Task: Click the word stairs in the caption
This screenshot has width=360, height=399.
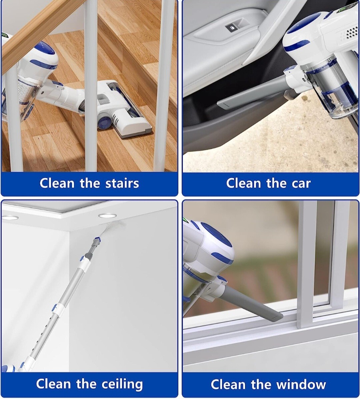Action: [x=122, y=183]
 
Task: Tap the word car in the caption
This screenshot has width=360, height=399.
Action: [x=300, y=183]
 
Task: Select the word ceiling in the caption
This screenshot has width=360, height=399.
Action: [x=122, y=384]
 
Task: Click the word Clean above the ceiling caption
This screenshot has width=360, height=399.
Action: [x=53, y=384]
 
